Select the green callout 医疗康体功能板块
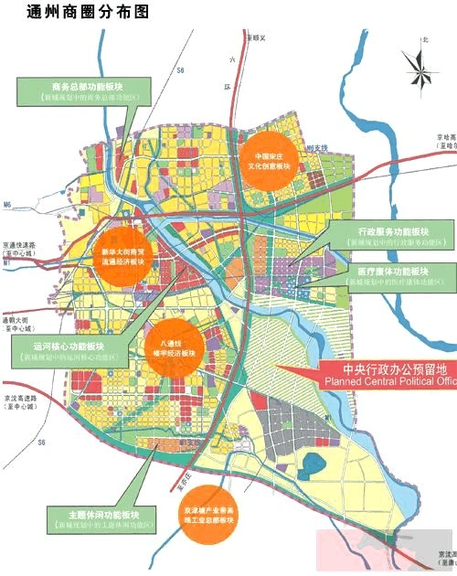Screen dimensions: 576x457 [x=399, y=277]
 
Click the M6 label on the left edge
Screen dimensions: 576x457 [x=8, y=204]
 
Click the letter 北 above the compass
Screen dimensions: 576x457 [x=424, y=40]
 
